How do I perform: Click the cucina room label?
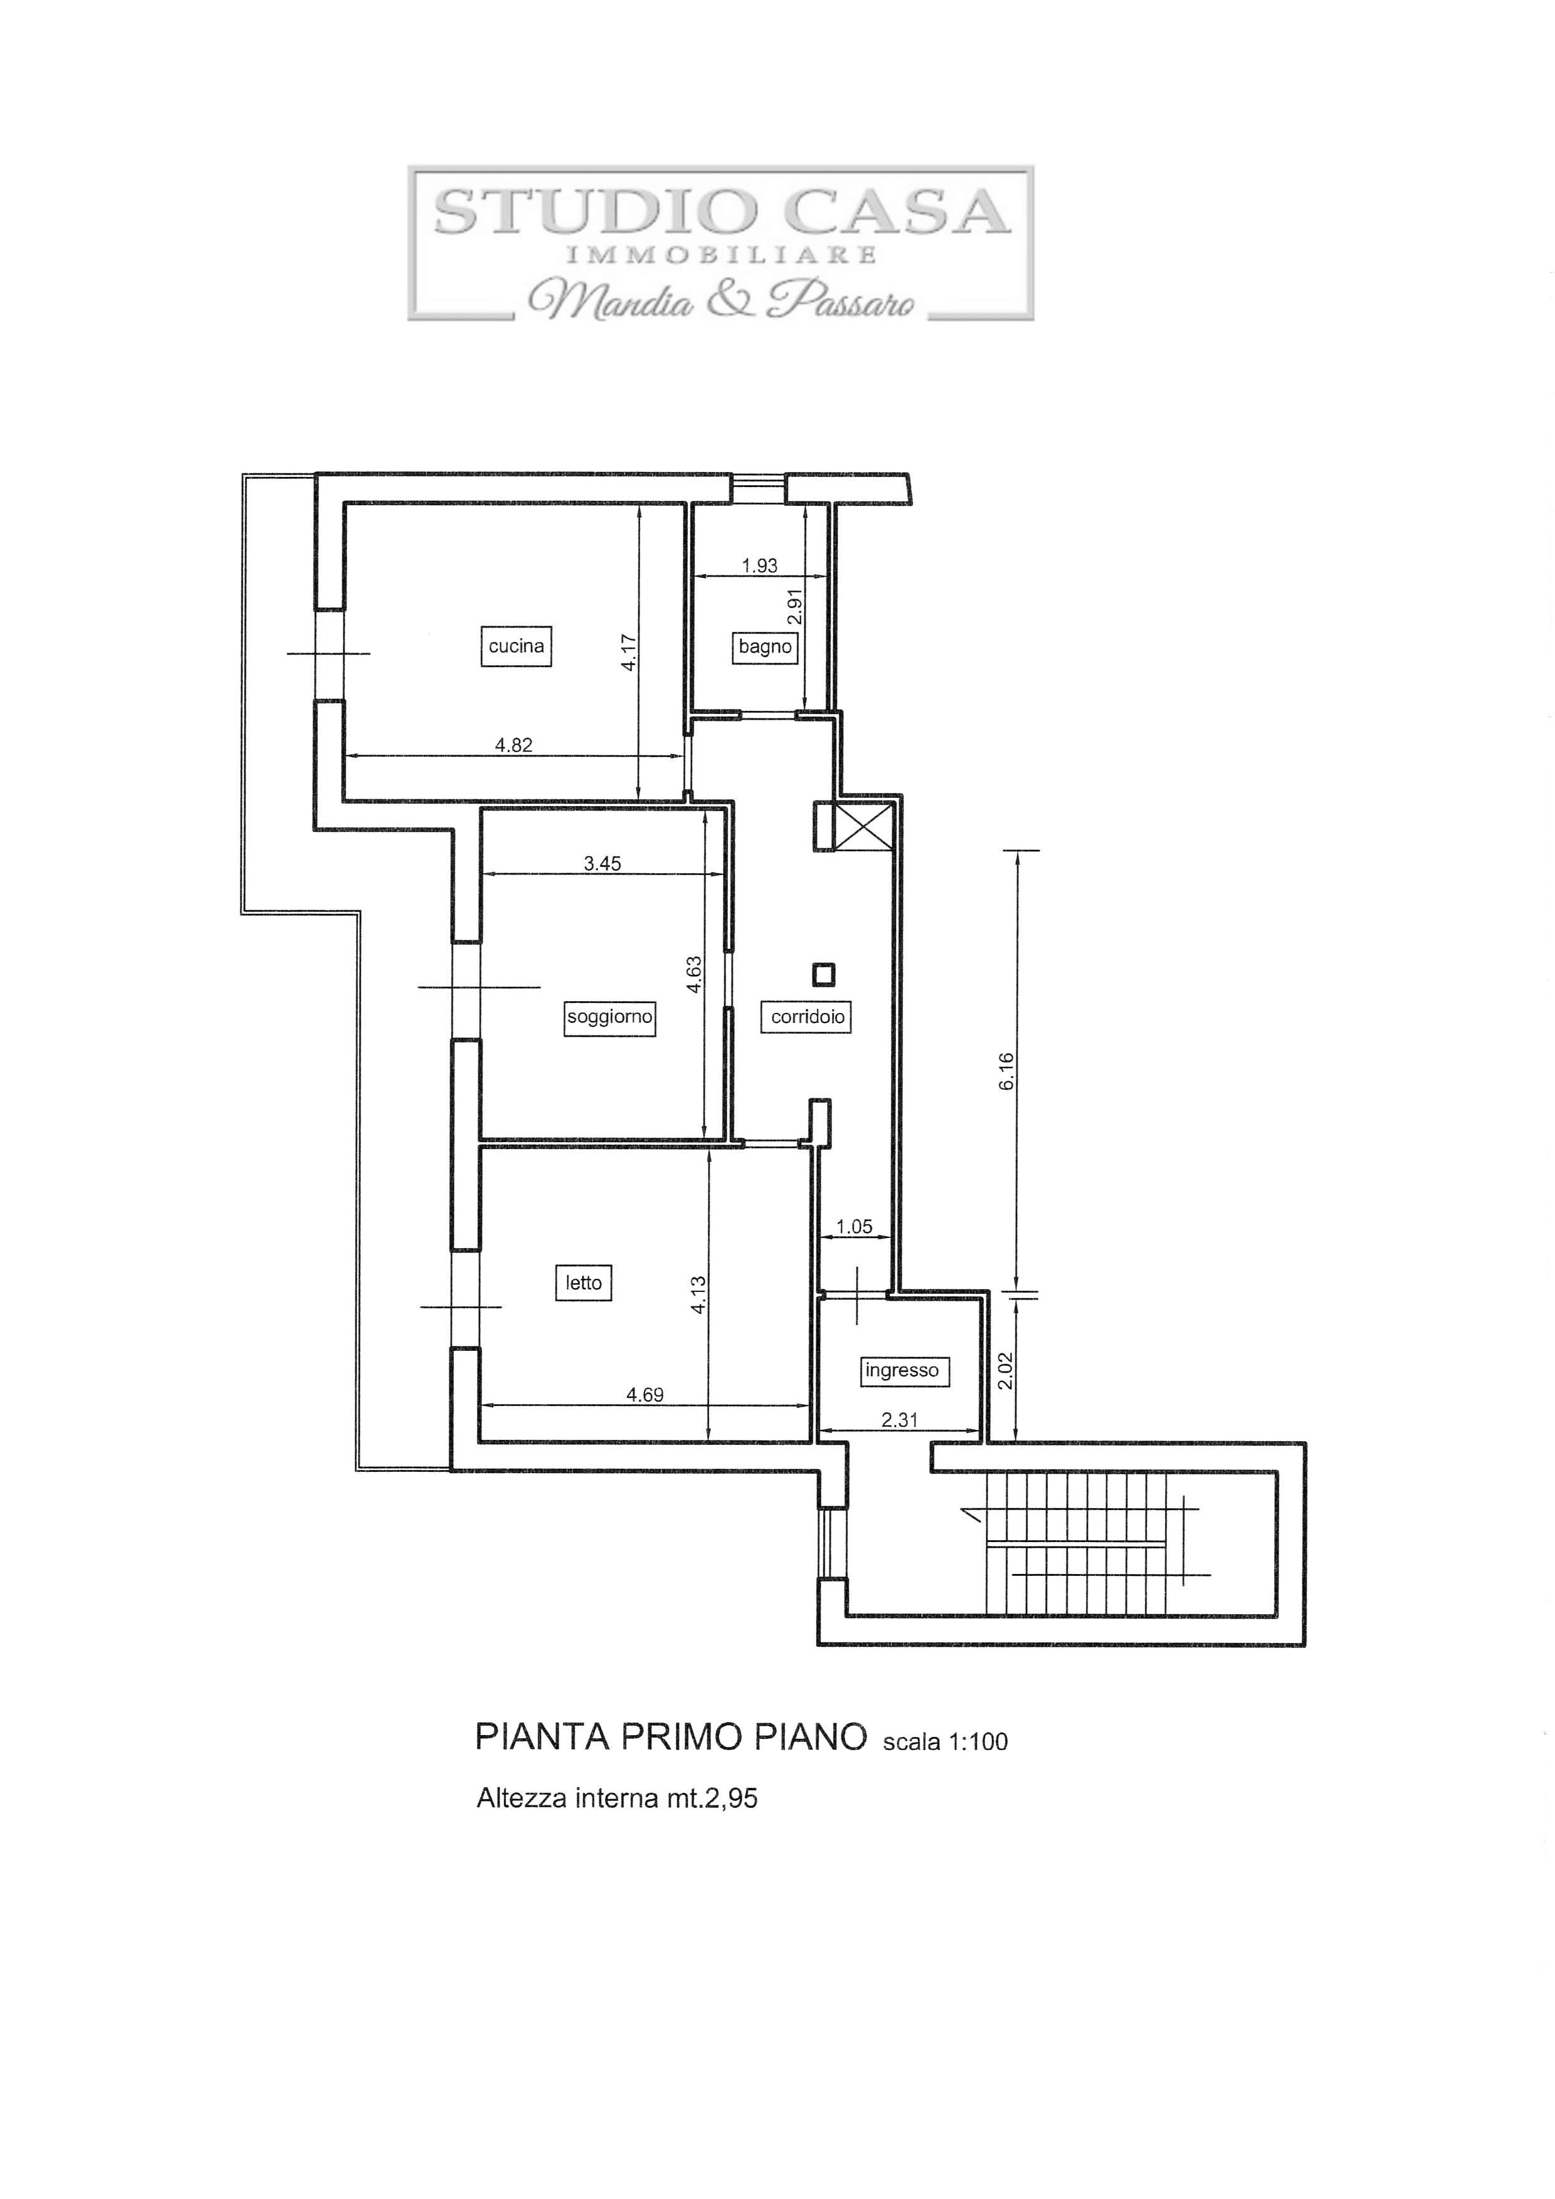pyautogui.click(x=517, y=646)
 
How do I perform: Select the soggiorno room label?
pyautogui.click(x=609, y=1017)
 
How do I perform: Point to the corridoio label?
pyautogui.click(x=808, y=1017)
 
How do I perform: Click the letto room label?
pyautogui.click(x=584, y=1283)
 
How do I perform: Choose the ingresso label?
pyautogui.click(x=902, y=1370)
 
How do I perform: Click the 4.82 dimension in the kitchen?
pyautogui.click(x=514, y=745)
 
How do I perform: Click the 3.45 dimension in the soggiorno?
pyautogui.click(x=603, y=864)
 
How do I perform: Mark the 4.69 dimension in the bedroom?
pyautogui.click(x=645, y=1395)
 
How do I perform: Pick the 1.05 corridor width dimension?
pyautogui.click(x=853, y=1227)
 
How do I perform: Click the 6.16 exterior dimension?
pyautogui.click(x=1006, y=1072)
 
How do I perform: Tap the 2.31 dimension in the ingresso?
pyautogui.click(x=900, y=1420)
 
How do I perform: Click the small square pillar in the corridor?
pyautogui.click(x=823, y=975)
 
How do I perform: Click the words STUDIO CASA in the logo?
pyautogui.click(x=722, y=212)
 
